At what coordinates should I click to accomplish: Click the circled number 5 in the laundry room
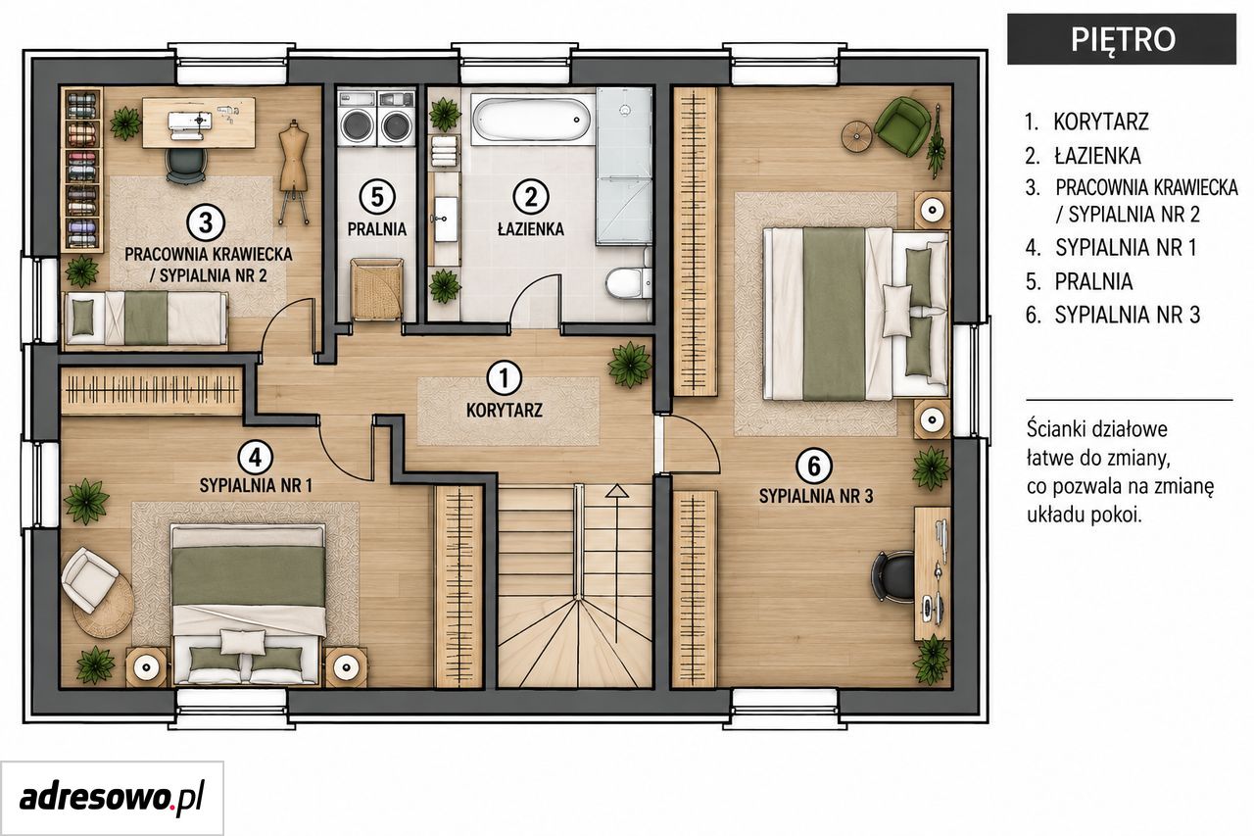[377, 197]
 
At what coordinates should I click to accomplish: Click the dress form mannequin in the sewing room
[294, 172]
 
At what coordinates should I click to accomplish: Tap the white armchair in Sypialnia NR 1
[88, 579]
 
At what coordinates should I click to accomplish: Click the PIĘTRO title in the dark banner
[1123, 39]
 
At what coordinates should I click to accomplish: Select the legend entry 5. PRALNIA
[1079, 281]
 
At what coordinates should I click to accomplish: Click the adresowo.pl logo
[112, 797]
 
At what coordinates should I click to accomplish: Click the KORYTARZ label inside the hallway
[505, 411]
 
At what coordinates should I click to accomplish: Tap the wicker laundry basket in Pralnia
[377, 289]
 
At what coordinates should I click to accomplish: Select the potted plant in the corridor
[630, 365]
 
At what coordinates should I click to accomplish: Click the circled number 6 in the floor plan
[814, 467]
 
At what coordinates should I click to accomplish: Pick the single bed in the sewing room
[146, 319]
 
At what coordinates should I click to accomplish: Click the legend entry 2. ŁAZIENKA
[1083, 156]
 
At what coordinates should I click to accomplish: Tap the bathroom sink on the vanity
[446, 219]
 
